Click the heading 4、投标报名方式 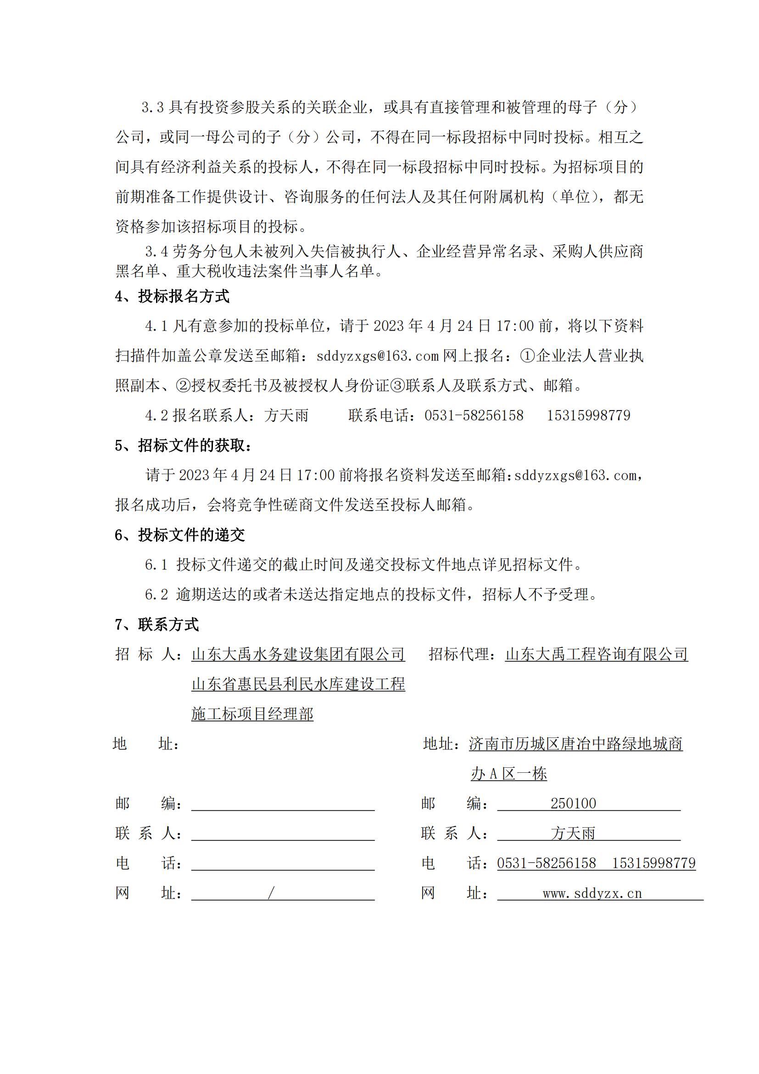pos(172,296)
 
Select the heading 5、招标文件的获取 pos(183,445)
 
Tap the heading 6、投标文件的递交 pos(180,534)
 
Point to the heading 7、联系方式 pos(157,624)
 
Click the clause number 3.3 pos(152,108)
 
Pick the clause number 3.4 pos(156,252)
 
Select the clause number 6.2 pos(156,595)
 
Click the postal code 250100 pos(573,804)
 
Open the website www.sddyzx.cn pos(592,894)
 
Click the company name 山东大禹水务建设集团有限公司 pos(298,654)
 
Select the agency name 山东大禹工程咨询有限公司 pos(597,654)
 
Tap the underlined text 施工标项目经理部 pos(252,714)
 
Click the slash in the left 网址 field pos(271,894)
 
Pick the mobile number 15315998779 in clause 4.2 pos(588,416)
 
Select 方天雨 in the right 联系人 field pos(573,833)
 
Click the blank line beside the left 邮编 pos(283,804)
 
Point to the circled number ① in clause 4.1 pos(528,356)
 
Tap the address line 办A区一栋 pos(508,774)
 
